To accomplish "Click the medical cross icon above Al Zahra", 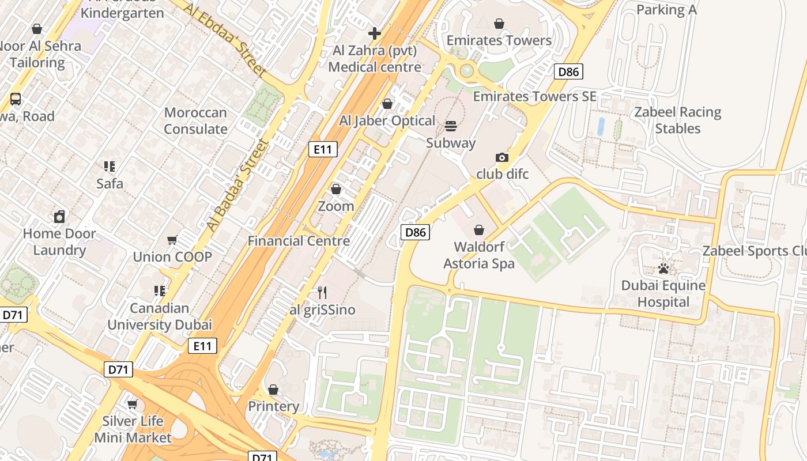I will (375, 33).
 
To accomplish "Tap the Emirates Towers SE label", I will (534, 96).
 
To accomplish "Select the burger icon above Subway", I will (451, 126).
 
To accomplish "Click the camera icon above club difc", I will (502, 157).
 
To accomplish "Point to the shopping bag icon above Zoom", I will (336, 189).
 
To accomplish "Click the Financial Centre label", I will (299, 241).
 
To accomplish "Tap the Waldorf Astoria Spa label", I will (478, 255).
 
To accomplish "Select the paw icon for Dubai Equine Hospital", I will (663, 269).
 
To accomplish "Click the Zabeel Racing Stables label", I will (677, 120).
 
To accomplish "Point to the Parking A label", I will (666, 10).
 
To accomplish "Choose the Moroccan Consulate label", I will (195, 120).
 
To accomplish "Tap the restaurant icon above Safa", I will (110, 167).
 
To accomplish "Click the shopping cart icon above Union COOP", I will (172, 240).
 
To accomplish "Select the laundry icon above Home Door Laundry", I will (59, 217).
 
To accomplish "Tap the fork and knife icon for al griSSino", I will (322, 293).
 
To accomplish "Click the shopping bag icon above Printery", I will (273, 390).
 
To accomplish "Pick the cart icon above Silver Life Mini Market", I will (133, 404).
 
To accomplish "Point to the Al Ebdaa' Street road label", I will (226, 39).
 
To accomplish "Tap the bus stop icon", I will (16, 99).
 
